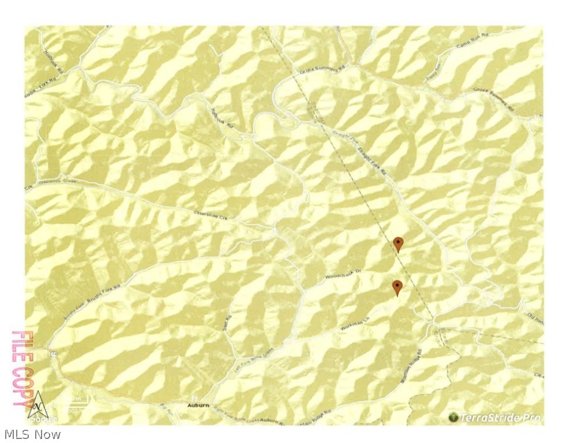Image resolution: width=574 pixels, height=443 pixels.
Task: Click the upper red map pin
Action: [397, 243]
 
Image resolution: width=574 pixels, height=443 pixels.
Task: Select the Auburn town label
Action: [197, 406]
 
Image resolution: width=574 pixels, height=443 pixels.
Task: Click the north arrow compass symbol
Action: [38, 402]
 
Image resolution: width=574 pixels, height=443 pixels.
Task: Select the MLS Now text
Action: [32, 434]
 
